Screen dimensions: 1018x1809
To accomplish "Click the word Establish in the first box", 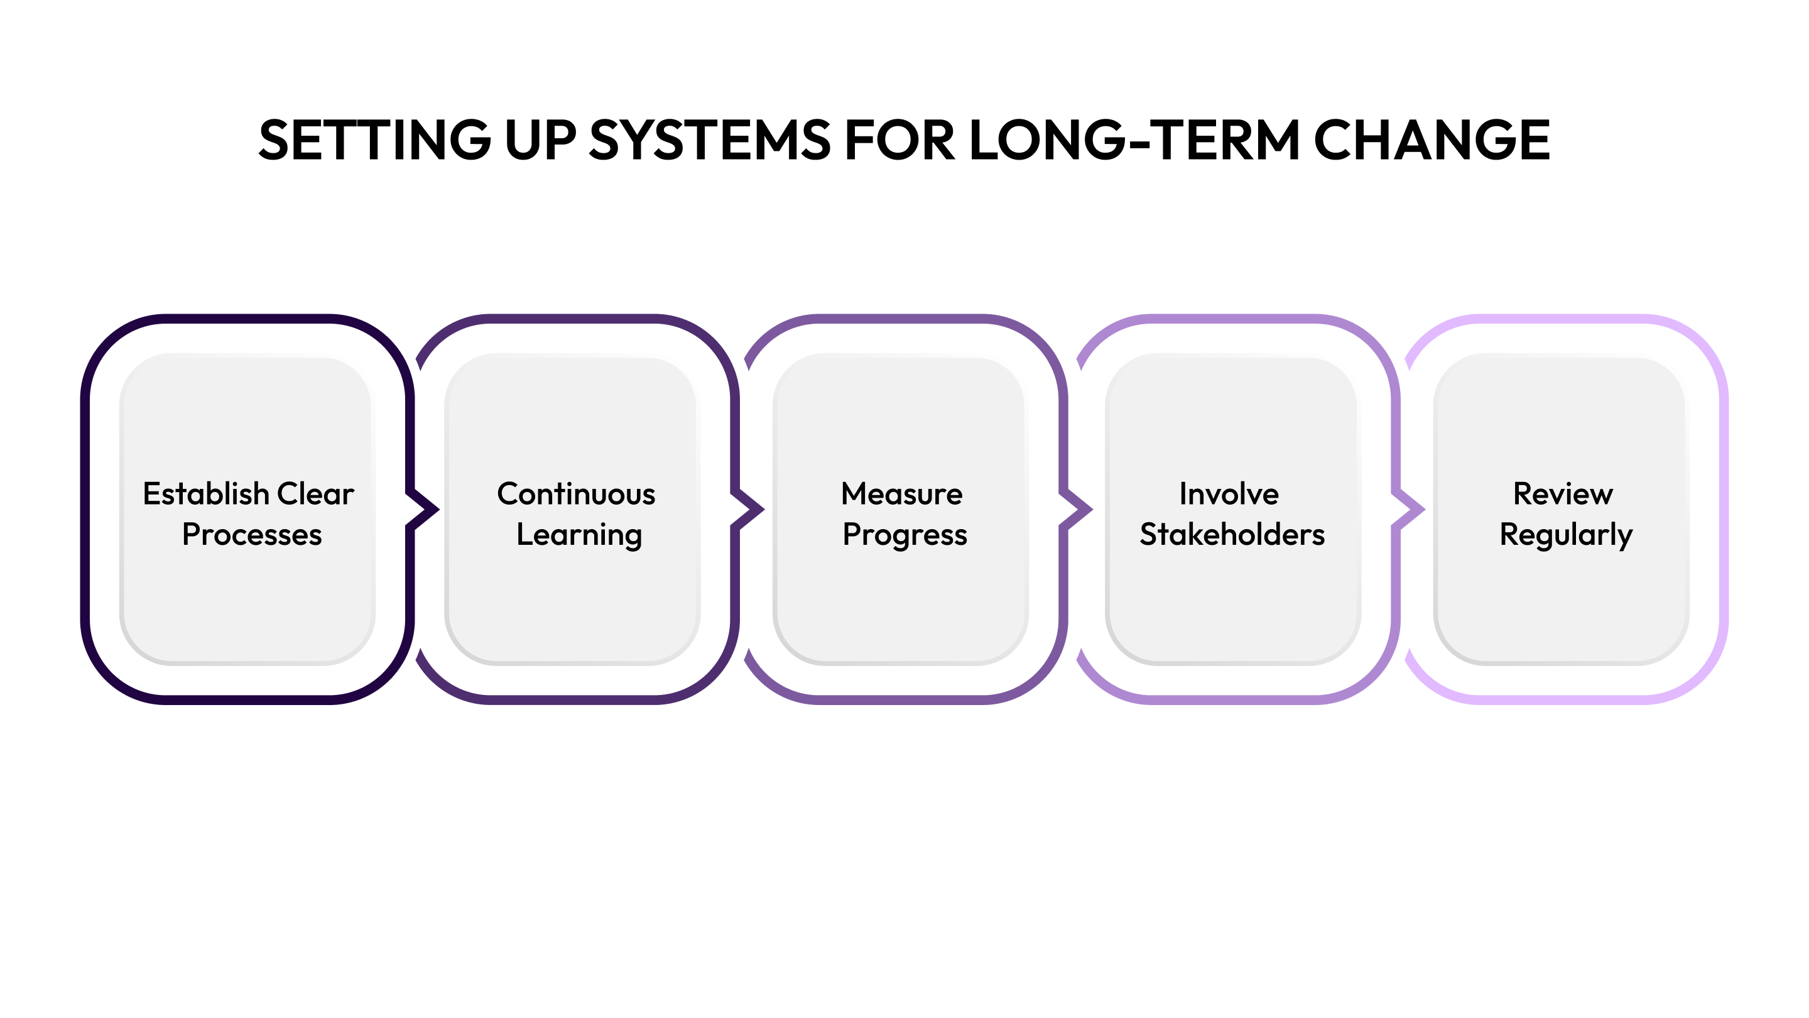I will click(206, 494).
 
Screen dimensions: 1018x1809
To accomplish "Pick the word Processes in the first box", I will click(252, 535).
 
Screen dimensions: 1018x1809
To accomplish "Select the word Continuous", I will click(576, 494).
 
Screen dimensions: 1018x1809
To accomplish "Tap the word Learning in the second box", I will click(579, 535).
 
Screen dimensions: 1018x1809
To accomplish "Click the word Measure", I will click(902, 494).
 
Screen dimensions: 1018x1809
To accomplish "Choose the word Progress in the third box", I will click(905, 535).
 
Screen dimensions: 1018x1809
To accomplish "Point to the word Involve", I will click(1229, 494).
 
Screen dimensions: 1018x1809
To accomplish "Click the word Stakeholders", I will click(1232, 535).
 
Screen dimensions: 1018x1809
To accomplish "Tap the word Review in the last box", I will click(1563, 494).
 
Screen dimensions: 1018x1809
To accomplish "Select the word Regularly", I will click(1566, 535).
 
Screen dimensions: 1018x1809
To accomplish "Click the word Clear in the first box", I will click(315, 494).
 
